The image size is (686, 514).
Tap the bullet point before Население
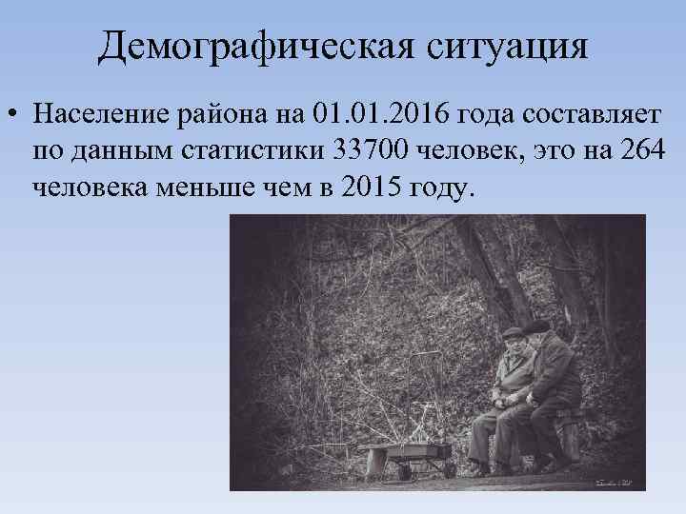[12, 116]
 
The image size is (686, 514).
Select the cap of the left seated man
[514, 332]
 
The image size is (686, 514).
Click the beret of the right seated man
[536, 326]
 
